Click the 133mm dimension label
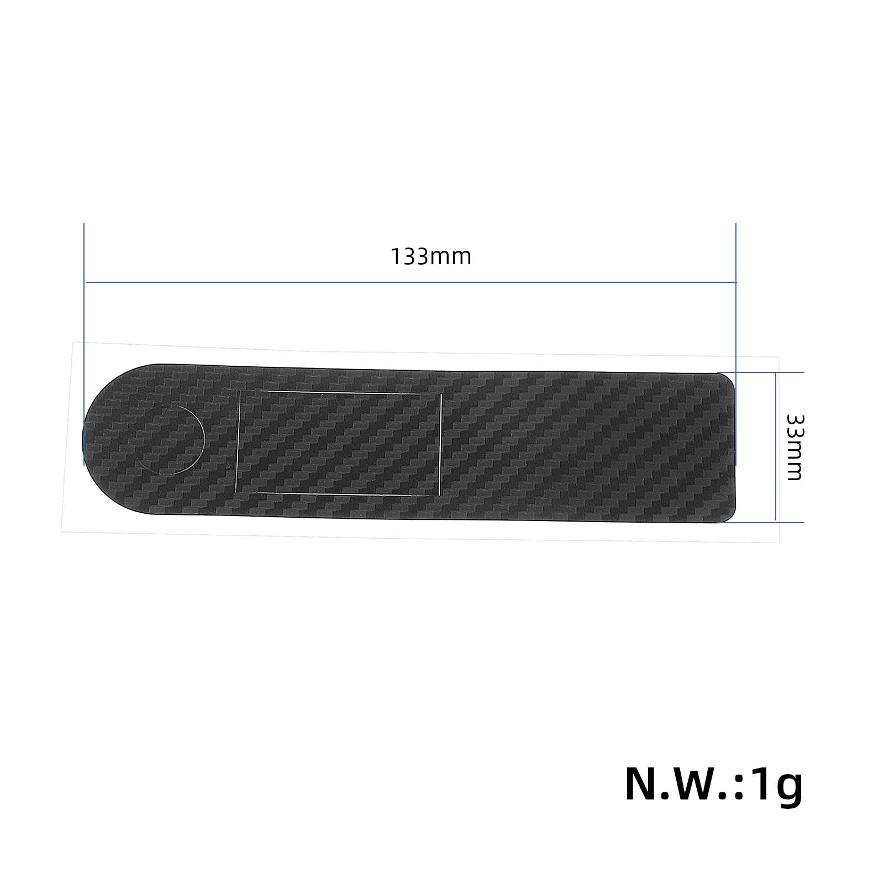[x=431, y=257]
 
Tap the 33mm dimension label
[x=794, y=448]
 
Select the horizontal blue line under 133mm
[x=411, y=282]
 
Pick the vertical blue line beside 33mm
[x=776, y=446]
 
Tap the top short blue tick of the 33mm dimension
[x=760, y=372]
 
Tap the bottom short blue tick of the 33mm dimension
[x=760, y=522]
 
